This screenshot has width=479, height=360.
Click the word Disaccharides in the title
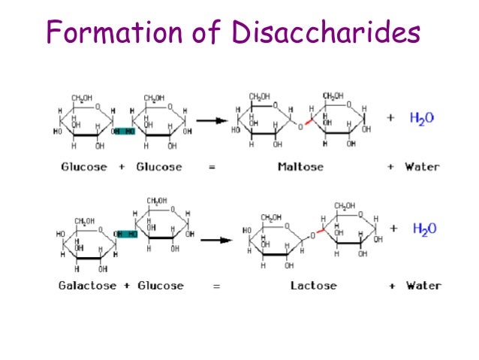pos(325,34)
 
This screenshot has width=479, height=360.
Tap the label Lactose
pos(313,286)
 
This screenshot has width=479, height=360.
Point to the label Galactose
pos(88,286)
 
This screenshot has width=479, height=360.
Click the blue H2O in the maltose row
pos(422,118)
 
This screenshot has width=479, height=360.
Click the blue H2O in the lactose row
pos(424,229)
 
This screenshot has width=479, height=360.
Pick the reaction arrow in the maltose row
pos(212,119)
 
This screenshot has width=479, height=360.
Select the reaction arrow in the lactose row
pos(215,240)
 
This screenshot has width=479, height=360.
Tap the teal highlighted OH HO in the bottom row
pos(128,234)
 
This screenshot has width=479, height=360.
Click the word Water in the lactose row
pos(423,286)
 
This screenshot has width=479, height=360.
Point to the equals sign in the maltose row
pos(212,166)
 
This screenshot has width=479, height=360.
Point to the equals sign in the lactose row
pos(216,286)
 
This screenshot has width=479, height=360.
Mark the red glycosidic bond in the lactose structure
pos(321,232)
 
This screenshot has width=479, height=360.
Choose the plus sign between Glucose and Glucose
pos(122,166)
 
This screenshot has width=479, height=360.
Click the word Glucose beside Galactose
pos(160,286)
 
